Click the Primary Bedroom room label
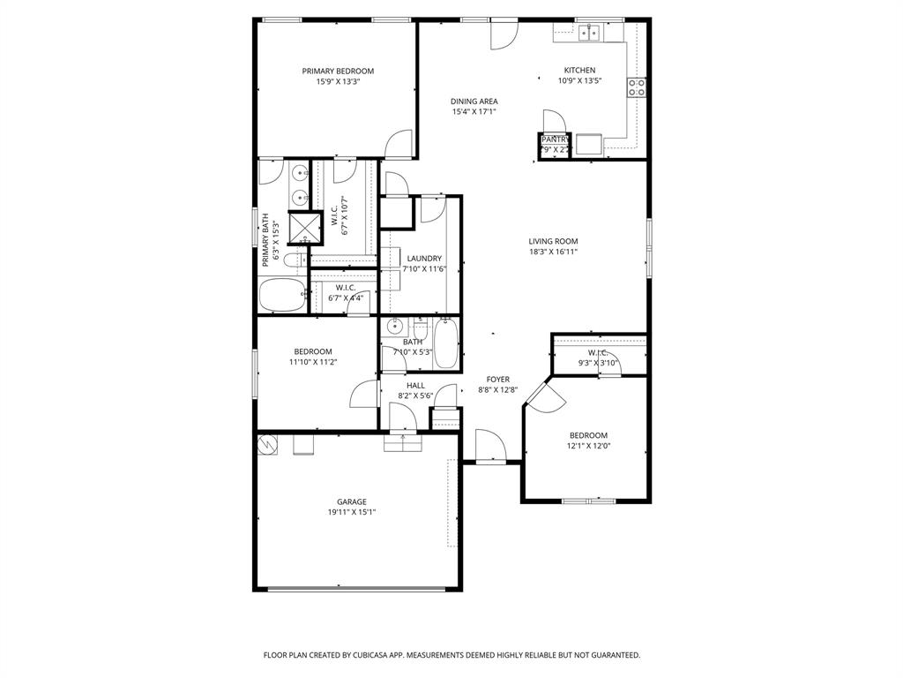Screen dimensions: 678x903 pyautogui.click(x=338, y=72)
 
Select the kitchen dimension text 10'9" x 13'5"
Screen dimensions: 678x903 pyautogui.click(x=579, y=81)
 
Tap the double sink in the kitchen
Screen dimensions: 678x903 pyautogui.click(x=589, y=34)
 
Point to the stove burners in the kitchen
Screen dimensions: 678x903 pyautogui.click(x=636, y=87)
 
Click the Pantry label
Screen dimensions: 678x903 pyautogui.click(x=555, y=139)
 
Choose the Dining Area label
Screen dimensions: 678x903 pyautogui.click(x=474, y=102)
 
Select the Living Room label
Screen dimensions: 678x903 pyautogui.click(x=553, y=241)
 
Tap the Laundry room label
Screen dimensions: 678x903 pyautogui.click(x=424, y=259)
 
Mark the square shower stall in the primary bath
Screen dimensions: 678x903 pyautogui.click(x=304, y=229)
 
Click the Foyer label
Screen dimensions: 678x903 pyautogui.click(x=498, y=380)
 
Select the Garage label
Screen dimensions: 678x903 pyautogui.click(x=351, y=502)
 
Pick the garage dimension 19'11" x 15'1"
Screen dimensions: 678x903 pyautogui.click(x=351, y=513)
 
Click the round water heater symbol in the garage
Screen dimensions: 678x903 pyautogui.click(x=267, y=445)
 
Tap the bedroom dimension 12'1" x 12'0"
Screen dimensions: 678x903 pyautogui.click(x=588, y=446)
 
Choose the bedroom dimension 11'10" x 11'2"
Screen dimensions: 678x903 pyautogui.click(x=313, y=362)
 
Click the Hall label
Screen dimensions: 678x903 pyautogui.click(x=415, y=386)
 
